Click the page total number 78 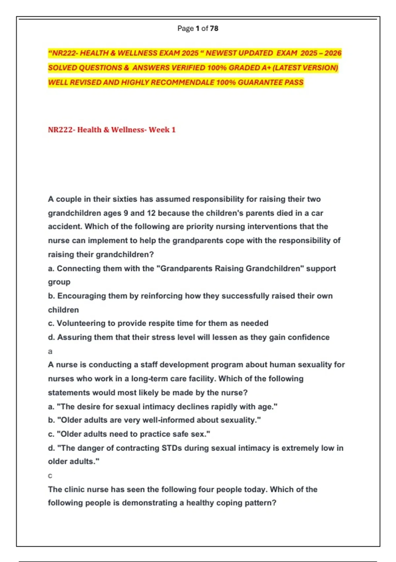click(214, 28)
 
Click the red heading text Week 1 click(162, 130)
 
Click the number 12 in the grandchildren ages click(151, 213)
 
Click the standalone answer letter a click(50, 351)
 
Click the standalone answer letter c click(50, 476)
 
